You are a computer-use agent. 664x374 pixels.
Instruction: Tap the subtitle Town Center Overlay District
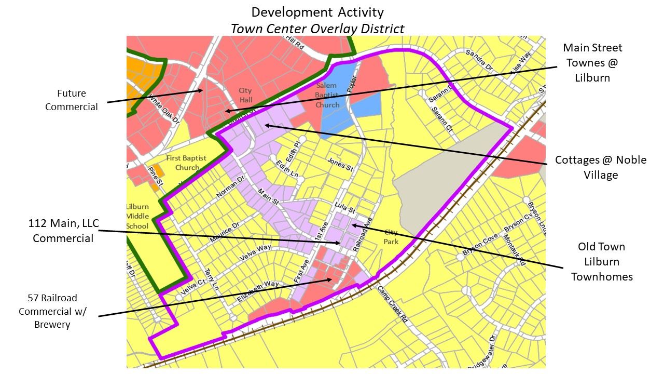317,28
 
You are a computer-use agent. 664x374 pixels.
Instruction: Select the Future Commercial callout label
71,100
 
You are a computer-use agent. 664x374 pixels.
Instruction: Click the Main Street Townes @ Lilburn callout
592,63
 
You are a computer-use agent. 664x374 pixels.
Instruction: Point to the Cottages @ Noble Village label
601,167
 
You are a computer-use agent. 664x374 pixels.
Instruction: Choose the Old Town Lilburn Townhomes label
602,261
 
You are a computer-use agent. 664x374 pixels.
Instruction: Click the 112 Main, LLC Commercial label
63,231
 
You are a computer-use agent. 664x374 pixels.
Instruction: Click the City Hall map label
245,95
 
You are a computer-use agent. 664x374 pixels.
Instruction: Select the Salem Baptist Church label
327,95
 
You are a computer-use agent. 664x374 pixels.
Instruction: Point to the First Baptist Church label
187,163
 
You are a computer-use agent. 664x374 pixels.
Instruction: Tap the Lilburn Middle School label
137,216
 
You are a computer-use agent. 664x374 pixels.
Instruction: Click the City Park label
391,237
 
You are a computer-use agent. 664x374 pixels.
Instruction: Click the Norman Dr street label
230,189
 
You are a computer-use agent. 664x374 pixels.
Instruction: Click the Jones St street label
340,165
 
